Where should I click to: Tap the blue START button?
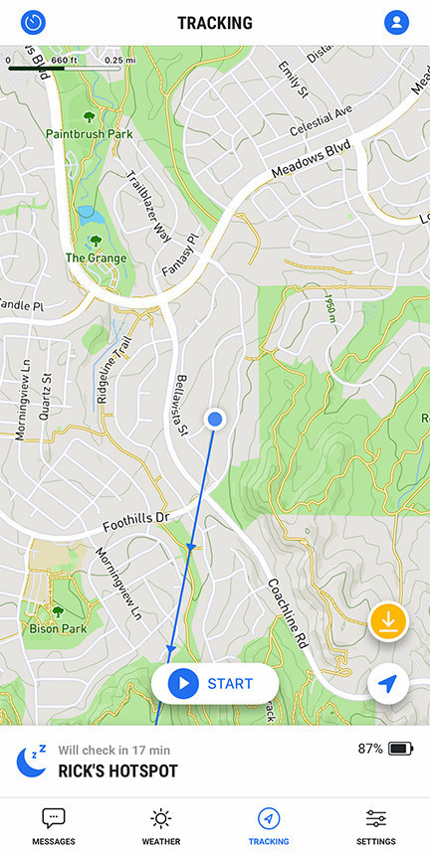pyautogui.click(x=215, y=684)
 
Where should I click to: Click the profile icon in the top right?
pyautogui.click(x=396, y=22)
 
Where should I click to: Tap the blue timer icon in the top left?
pyautogui.click(x=34, y=22)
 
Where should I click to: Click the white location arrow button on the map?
pyautogui.click(x=388, y=684)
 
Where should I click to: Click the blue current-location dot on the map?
pyautogui.click(x=214, y=420)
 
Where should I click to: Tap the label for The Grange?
pyautogui.click(x=96, y=258)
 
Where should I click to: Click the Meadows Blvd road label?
pyautogui.click(x=312, y=163)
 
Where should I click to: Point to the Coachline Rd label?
pyautogui.click(x=287, y=614)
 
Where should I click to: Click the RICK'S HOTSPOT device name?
pyautogui.click(x=117, y=771)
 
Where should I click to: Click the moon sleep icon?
pyautogui.click(x=32, y=761)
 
